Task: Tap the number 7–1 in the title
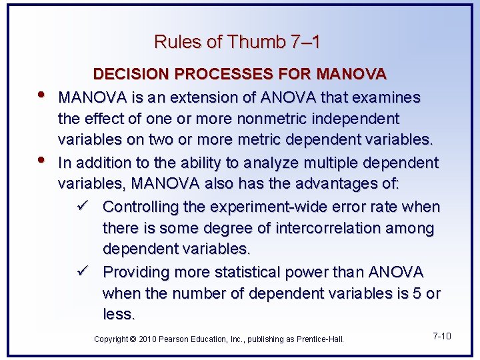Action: point(305,42)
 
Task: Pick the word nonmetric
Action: point(259,119)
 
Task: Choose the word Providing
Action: point(137,272)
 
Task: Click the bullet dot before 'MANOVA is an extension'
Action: point(44,93)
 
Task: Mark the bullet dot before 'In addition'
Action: point(44,159)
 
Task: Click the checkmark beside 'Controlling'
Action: point(83,206)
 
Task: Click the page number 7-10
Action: point(441,335)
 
